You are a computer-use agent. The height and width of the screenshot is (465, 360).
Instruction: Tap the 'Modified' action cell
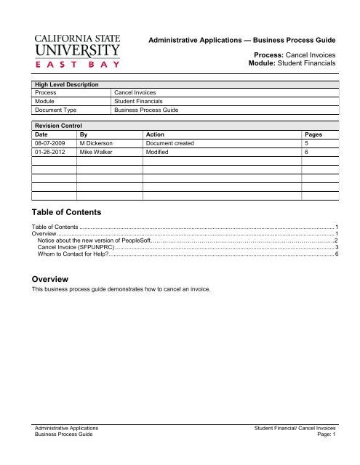pyautogui.click(x=159, y=155)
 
